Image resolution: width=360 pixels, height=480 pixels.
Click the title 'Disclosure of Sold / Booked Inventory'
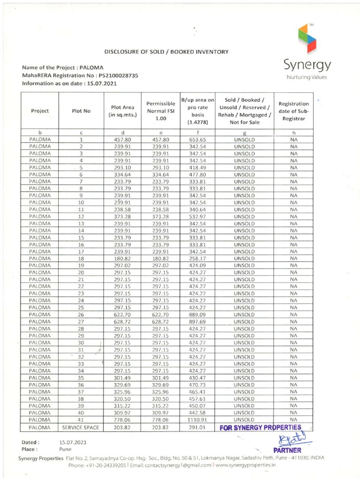(166, 51)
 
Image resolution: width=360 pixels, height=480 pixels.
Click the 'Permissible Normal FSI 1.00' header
(161, 111)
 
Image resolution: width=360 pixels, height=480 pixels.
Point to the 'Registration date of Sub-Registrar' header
(293, 111)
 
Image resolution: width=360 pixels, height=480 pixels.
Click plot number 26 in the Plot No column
(81, 314)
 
